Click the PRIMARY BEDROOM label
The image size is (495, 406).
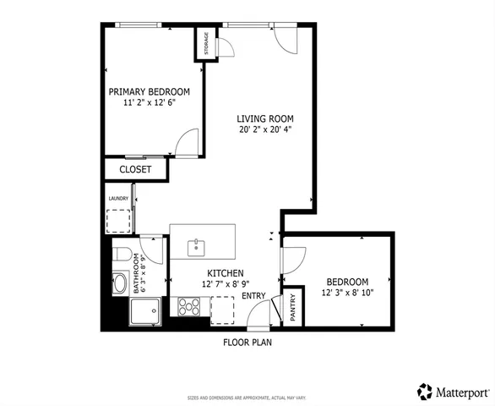[x=149, y=91]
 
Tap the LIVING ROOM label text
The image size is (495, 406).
[x=264, y=118]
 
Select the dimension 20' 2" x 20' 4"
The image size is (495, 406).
[x=264, y=129]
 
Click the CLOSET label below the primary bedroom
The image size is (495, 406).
[x=135, y=169]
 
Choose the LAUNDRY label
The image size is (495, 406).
[x=117, y=199]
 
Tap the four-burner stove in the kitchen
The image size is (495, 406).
[x=188, y=307]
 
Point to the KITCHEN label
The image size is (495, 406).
[x=226, y=274]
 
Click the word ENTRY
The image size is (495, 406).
[x=253, y=295]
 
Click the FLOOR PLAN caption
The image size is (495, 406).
[x=247, y=343]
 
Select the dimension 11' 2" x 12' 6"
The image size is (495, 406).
[x=149, y=103]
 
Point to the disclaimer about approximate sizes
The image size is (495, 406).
[x=247, y=398]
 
